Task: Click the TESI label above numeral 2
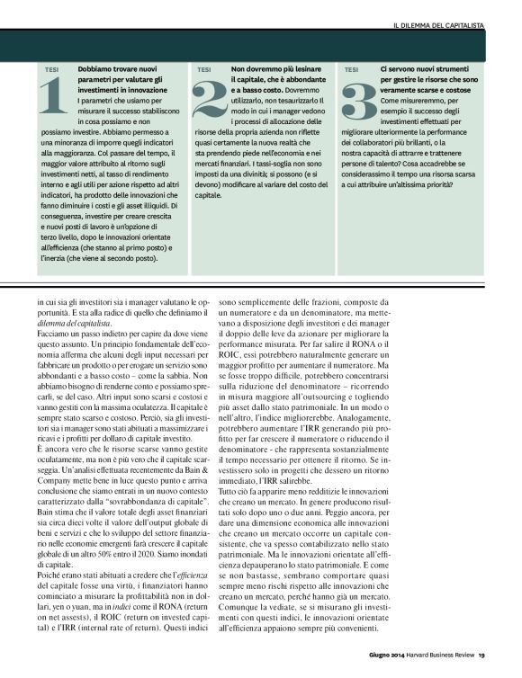204,69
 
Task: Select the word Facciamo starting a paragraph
54,333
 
